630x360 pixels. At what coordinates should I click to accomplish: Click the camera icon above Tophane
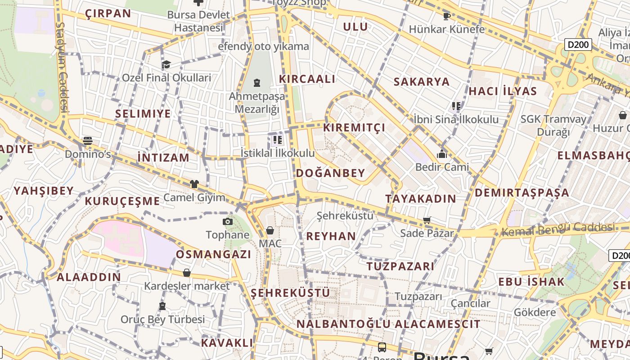228,221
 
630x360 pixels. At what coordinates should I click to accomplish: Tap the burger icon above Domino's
88,141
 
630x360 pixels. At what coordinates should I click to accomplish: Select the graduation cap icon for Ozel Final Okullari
166,64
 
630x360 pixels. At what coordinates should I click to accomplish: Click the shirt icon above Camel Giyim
194,184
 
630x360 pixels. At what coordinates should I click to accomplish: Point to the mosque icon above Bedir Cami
441,154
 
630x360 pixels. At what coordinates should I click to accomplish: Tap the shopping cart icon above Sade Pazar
427,220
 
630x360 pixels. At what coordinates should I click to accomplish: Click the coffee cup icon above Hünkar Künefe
446,16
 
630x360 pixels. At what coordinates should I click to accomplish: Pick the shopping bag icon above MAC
270,230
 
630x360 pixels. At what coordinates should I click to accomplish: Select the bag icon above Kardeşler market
187,273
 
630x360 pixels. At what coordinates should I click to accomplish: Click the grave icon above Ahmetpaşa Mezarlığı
256,83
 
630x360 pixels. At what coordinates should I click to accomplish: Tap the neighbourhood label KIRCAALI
307,79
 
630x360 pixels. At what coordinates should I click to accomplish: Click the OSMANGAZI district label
213,254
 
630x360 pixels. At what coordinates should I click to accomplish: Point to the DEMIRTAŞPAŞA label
522,193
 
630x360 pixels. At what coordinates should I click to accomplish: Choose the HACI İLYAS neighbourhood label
503,91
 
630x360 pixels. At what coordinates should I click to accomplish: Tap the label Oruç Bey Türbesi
162,319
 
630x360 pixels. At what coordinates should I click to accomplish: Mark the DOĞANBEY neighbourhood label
330,173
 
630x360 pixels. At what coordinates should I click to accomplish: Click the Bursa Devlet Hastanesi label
198,21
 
